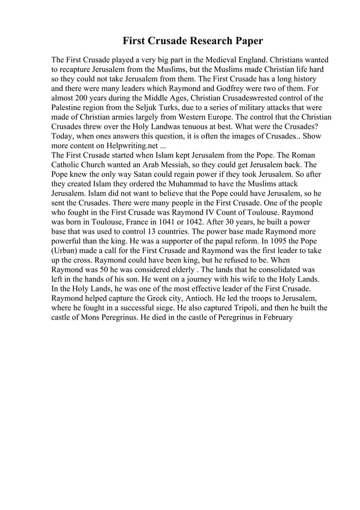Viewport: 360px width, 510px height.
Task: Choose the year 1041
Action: (157, 223)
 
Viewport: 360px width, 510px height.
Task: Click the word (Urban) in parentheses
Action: (67, 251)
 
